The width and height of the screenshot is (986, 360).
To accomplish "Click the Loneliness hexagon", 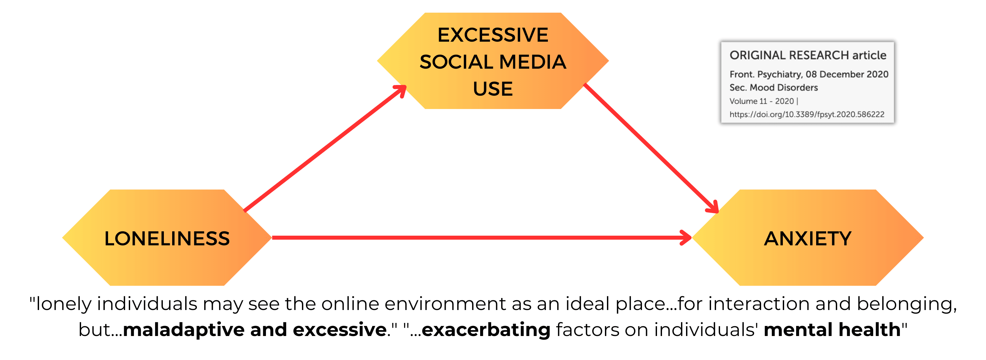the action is point(167,238).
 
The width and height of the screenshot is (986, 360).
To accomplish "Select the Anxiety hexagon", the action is point(807,238).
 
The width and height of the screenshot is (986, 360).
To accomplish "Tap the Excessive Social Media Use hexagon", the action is point(493,61).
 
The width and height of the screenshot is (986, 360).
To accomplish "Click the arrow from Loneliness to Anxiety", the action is point(481,238).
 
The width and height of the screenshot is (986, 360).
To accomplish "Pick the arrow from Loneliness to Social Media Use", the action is point(325,148).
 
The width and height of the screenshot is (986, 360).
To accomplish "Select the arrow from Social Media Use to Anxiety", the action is point(651,148).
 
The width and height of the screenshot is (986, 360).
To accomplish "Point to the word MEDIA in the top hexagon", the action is point(533,62).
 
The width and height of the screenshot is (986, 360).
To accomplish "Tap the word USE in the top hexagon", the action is point(493,89).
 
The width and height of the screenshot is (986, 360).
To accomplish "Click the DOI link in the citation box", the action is point(807,114).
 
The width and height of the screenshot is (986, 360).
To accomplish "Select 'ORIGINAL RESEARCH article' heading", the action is point(807,55).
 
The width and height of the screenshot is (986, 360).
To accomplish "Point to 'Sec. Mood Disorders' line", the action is point(773,88).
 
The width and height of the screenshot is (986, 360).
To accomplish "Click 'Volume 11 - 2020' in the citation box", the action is point(762,101).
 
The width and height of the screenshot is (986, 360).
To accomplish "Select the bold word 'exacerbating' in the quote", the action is point(486,330).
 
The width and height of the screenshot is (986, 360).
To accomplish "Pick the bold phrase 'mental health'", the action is point(832,330).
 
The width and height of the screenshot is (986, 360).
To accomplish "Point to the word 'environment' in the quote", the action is point(445,304).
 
